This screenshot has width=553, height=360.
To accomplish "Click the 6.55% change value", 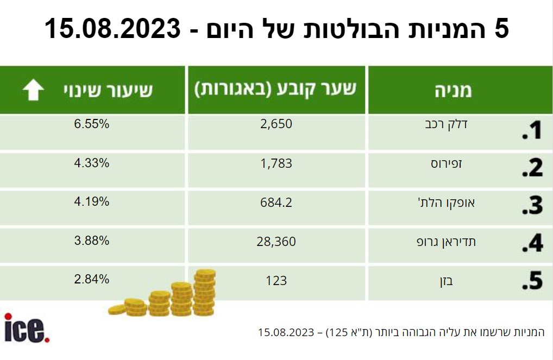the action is coord(92,124).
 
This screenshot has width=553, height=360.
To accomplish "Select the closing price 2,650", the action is coord(276,124).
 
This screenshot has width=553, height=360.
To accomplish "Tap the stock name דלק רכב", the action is coord(446,125).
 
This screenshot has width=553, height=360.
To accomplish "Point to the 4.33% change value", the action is coord(92,163).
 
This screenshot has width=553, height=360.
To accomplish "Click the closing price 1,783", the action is coord(276,163).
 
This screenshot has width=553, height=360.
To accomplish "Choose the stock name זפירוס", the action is coord(446,163).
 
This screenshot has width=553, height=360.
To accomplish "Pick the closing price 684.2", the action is coord(276,203).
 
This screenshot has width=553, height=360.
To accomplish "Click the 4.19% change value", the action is coord(92,201).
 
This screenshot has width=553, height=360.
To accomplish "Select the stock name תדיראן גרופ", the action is coord(446,242).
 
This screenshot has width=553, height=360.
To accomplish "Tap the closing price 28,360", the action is coord(276,242).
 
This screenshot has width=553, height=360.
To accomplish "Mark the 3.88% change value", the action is coord(92,241).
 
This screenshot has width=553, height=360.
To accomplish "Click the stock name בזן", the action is coord(446,281).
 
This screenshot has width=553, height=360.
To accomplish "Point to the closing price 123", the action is coord(276,281).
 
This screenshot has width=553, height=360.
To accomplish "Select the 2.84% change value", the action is coord(92,279).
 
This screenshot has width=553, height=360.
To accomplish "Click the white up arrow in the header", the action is coord(34,90).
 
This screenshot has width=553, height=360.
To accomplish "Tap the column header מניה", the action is coord(453,91).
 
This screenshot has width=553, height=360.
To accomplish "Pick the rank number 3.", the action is coord(532,205).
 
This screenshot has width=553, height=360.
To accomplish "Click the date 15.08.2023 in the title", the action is coord(112,29).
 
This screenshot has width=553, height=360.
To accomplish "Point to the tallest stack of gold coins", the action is coord(205,292).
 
